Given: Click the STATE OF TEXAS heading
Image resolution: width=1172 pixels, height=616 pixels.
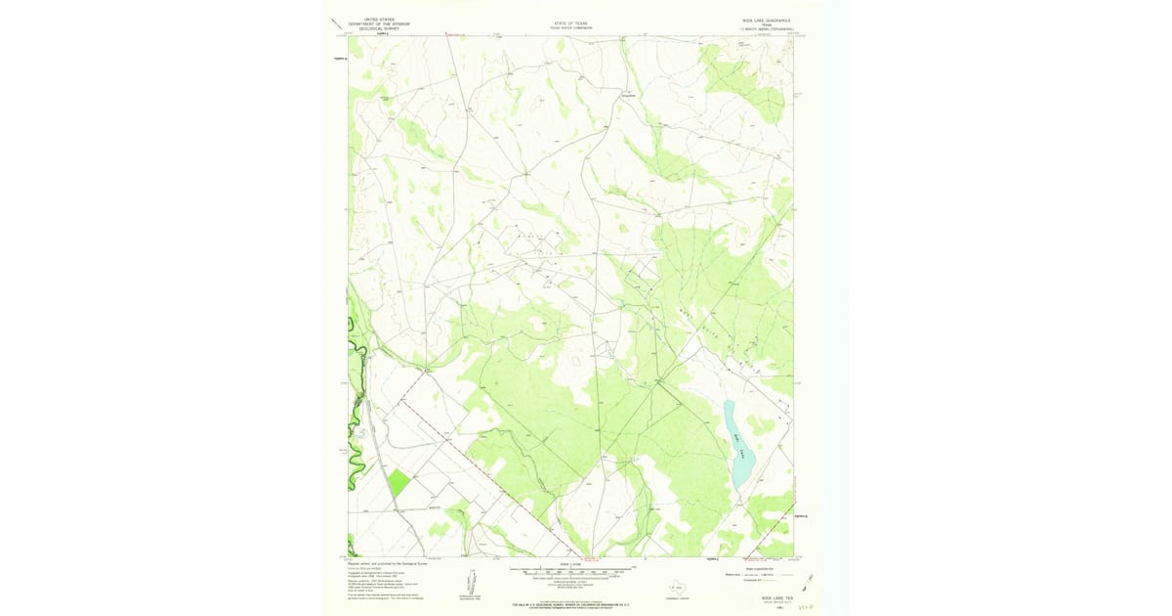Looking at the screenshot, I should point(571,22).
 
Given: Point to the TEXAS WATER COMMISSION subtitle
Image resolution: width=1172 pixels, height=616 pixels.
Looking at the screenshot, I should point(571,27).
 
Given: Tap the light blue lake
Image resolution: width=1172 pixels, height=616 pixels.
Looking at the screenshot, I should point(739,445).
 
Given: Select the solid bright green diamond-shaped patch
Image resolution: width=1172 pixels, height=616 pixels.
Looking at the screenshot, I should point(398,482).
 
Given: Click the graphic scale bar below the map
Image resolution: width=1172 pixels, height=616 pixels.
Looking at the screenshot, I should point(571,571).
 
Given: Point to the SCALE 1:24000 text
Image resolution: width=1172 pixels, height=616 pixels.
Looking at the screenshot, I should point(571,564).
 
